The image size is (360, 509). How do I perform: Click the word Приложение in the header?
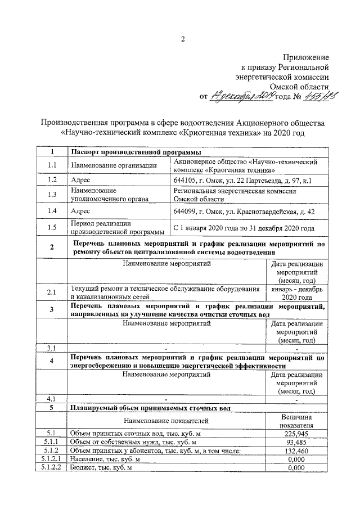pyautogui.click(x=307, y=57)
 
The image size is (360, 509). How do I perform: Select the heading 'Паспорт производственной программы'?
pyautogui.click(x=136, y=152)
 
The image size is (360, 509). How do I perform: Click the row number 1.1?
pyautogui.click(x=52, y=165)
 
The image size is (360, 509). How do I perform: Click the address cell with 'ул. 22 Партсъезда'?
pyautogui.click(x=243, y=180)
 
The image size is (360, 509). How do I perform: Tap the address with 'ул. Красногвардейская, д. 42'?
pyautogui.click(x=243, y=211)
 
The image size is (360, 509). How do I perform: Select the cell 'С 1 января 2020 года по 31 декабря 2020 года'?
pyautogui.click(x=243, y=228)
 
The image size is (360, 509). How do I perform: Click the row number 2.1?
pyautogui.click(x=52, y=292)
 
